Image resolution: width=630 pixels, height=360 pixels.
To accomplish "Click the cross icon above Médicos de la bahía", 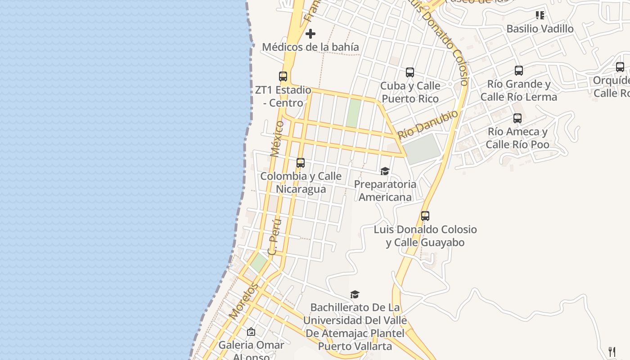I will pyautogui.click(x=310, y=34).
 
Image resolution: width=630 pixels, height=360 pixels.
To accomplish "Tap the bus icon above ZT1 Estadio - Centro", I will pyautogui.click(x=283, y=76).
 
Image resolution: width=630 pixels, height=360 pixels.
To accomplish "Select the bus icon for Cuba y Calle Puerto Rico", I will pyautogui.click(x=410, y=72).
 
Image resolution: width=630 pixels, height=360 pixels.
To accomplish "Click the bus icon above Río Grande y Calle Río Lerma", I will pyautogui.click(x=519, y=71).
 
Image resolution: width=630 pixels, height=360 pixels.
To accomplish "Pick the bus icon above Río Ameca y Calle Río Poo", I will pyautogui.click(x=517, y=118).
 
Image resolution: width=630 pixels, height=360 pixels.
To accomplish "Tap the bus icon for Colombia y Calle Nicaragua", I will pyautogui.click(x=301, y=163).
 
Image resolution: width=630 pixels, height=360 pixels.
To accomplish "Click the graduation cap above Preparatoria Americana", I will pyautogui.click(x=385, y=171).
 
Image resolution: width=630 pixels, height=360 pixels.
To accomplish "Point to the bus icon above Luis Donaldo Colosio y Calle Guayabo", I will pyautogui.click(x=425, y=216).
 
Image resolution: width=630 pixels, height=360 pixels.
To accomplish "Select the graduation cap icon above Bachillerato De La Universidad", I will pyautogui.click(x=355, y=294).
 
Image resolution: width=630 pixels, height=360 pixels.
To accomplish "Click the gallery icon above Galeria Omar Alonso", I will pyautogui.click(x=251, y=332).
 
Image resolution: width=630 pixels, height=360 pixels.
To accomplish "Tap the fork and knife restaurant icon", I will pyautogui.click(x=612, y=351).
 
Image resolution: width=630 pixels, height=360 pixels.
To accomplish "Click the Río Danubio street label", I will pyautogui.click(x=428, y=124).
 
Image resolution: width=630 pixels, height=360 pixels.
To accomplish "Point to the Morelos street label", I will pyautogui.click(x=243, y=301).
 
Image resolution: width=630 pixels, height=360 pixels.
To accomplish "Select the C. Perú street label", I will pyautogui.click(x=274, y=237).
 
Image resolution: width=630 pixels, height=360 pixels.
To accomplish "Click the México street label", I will pyautogui.click(x=277, y=138).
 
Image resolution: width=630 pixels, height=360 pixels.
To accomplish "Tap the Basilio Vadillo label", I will pyautogui.click(x=540, y=29).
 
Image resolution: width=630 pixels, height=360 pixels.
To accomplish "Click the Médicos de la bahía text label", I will pyautogui.click(x=310, y=47).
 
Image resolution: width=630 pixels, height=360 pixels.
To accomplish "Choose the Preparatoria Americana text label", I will pyautogui.click(x=385, y=191).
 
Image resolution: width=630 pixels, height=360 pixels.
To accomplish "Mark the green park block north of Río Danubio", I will pyautogui.click(x=354, y=112).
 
